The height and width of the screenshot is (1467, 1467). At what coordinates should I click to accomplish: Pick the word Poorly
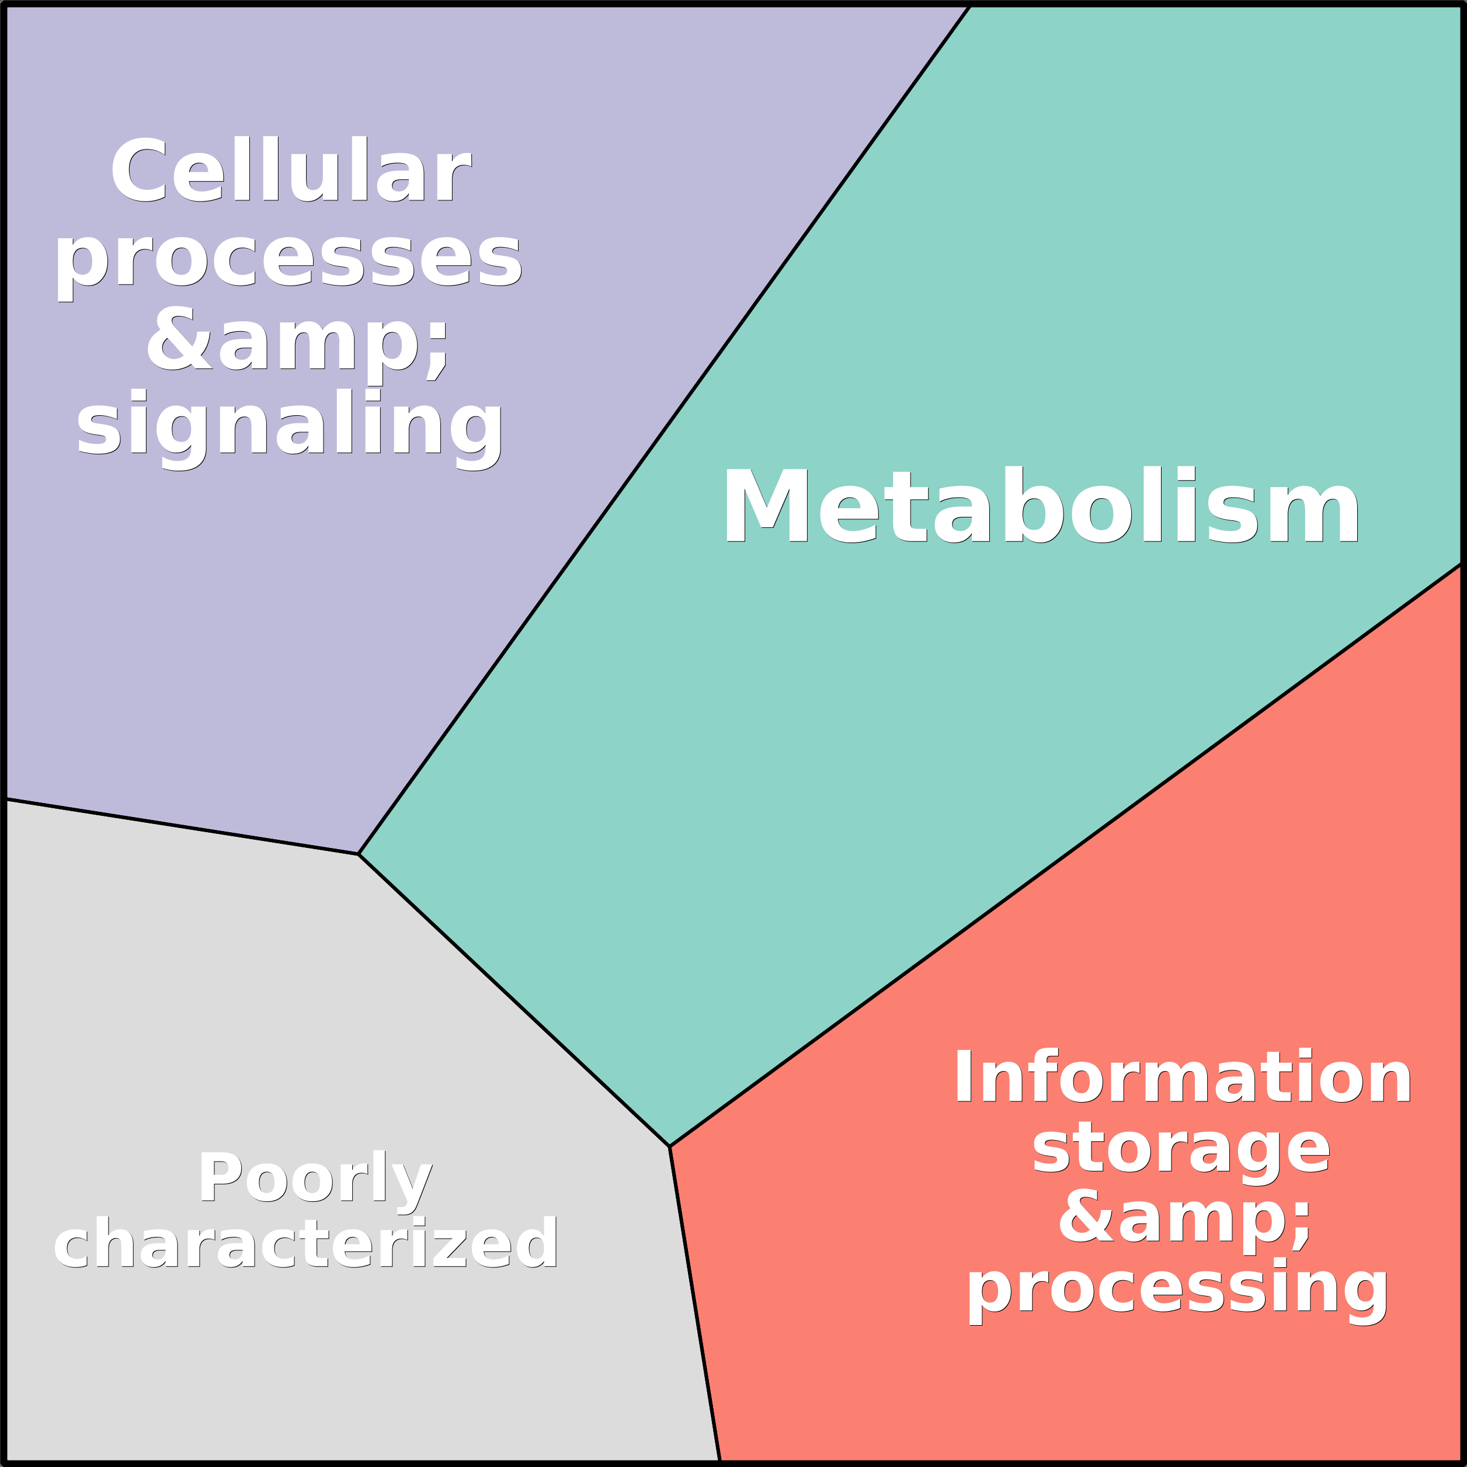tap(315, 1178)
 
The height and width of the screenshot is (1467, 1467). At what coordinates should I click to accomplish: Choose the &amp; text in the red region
tap(1184, 1217)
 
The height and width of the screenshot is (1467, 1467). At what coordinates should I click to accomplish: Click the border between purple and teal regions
tap(663, 430)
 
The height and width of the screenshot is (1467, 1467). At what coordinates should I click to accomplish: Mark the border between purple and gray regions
tap(182, 826)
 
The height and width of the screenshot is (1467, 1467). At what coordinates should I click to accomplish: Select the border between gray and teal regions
tap(514, 1000)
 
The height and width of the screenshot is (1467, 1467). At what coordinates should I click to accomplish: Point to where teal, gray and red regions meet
tap(669, 1146)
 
